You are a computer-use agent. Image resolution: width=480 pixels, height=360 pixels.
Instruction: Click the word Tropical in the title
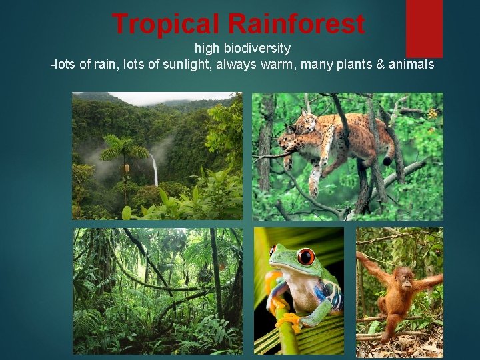167,24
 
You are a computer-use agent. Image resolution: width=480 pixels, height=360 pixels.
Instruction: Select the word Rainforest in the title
296,24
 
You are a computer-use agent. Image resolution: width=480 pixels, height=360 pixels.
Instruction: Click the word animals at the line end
414,65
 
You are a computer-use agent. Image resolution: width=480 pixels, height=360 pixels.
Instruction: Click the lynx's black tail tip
387,161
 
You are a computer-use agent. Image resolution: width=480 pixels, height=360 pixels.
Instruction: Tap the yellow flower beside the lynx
432,114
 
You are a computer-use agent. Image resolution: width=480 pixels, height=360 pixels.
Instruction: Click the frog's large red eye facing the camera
306,257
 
